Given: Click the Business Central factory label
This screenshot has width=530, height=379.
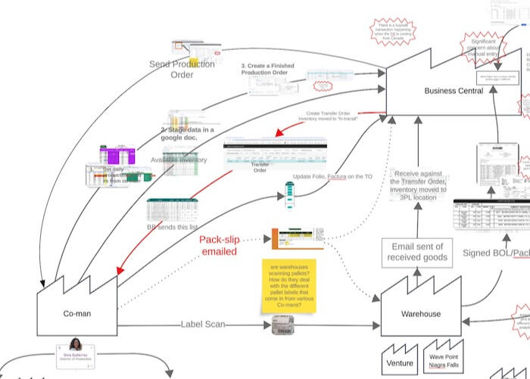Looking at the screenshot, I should tap(453, 91).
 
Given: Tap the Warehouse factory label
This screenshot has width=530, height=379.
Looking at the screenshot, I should tap(421, 313).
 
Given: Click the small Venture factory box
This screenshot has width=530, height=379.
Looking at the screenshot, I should tap(400, 362).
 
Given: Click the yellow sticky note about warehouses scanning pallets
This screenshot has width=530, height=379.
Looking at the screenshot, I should tap(291, 286).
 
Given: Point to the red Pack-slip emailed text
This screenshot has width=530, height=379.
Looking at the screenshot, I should tap(218, 245).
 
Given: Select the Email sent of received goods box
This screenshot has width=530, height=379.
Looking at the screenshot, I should tap(419, 252).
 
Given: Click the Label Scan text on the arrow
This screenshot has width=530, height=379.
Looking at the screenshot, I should tap(201, 325).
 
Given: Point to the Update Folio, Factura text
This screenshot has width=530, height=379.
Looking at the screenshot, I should tap(332, 176).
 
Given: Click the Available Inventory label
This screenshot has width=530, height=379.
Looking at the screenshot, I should tap(179, 160).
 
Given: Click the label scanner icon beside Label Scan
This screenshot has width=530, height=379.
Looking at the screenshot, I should tap(282, 325).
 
